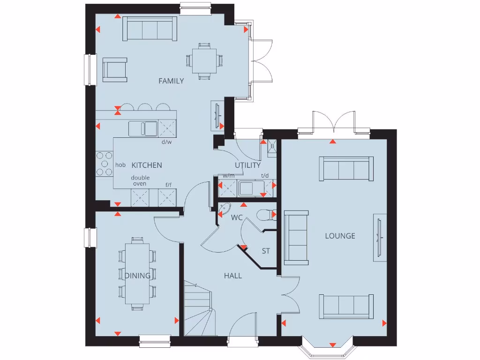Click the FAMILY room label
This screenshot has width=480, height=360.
click(x=171, y=81)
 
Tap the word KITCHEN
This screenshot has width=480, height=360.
click(x=147, y=165)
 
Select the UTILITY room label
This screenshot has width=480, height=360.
click(x=247, y=165)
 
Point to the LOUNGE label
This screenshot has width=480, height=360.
click(x=340, y=236)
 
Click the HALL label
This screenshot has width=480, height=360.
click(x=233, y=276)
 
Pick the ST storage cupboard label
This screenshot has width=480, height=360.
click(x=266, y=251)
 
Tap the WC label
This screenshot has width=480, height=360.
click(x=236, y=217)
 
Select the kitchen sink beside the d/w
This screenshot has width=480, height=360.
click(x=143, y=128)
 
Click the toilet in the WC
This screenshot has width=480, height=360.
click(x=267, y=215)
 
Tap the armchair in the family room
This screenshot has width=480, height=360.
click(x=115, y=70)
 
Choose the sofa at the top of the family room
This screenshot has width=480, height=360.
click(x=150, y=29)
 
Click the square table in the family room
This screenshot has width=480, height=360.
click(x=205, y=60)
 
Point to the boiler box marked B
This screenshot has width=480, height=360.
click(x=271, y=146)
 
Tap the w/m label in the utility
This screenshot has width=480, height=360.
click(x=228, y=176)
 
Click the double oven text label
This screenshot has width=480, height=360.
click(x=139, y=180)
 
